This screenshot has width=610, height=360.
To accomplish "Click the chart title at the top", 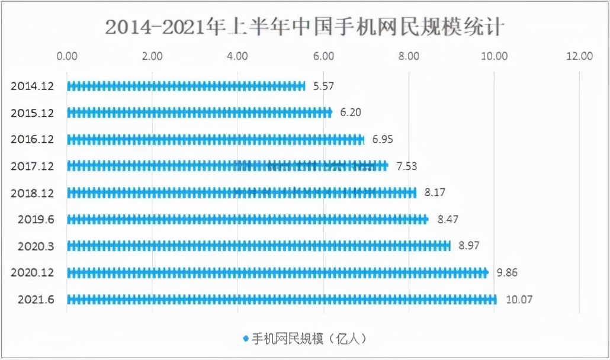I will pyautogui.click(x=305, y=27).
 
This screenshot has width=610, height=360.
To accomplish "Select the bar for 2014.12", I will pyautogui.click(x=186, y=86).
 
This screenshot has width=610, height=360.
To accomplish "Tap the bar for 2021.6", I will pyautogui.click(x=282, y=300).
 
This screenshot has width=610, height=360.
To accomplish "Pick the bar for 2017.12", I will pyautogui.click(x=227, y=166).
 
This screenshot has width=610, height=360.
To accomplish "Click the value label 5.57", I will pyautogui.click(x=324, y=86).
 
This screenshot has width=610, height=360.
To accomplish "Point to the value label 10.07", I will pyautogui.click(x=519, y=300).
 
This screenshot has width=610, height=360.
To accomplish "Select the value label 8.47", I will pyautogui.click(x=448, y=219).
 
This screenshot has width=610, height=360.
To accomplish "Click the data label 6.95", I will pyautogui.click(x=383, y=139).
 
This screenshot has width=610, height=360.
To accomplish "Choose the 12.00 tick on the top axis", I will pyautogui.click(x=579, y=56).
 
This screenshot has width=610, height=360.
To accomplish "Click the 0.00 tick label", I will pyautogui.click(x=67, y=56).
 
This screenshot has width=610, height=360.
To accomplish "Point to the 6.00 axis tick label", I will pyautogui.click(x=324, y=56).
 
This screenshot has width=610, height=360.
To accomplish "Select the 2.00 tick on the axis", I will pyautogui.click(x=152, y=56).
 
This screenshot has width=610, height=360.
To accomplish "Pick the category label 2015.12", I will pyautogui.click(x=33, y=112).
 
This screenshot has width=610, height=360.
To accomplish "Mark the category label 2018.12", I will pyautogui.click(x=33, y=192).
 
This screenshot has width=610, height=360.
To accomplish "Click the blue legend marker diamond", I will pyautogui.click(x=245, y=339).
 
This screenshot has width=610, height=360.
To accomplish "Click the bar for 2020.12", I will pyautogui.click(x=277, y=272).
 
